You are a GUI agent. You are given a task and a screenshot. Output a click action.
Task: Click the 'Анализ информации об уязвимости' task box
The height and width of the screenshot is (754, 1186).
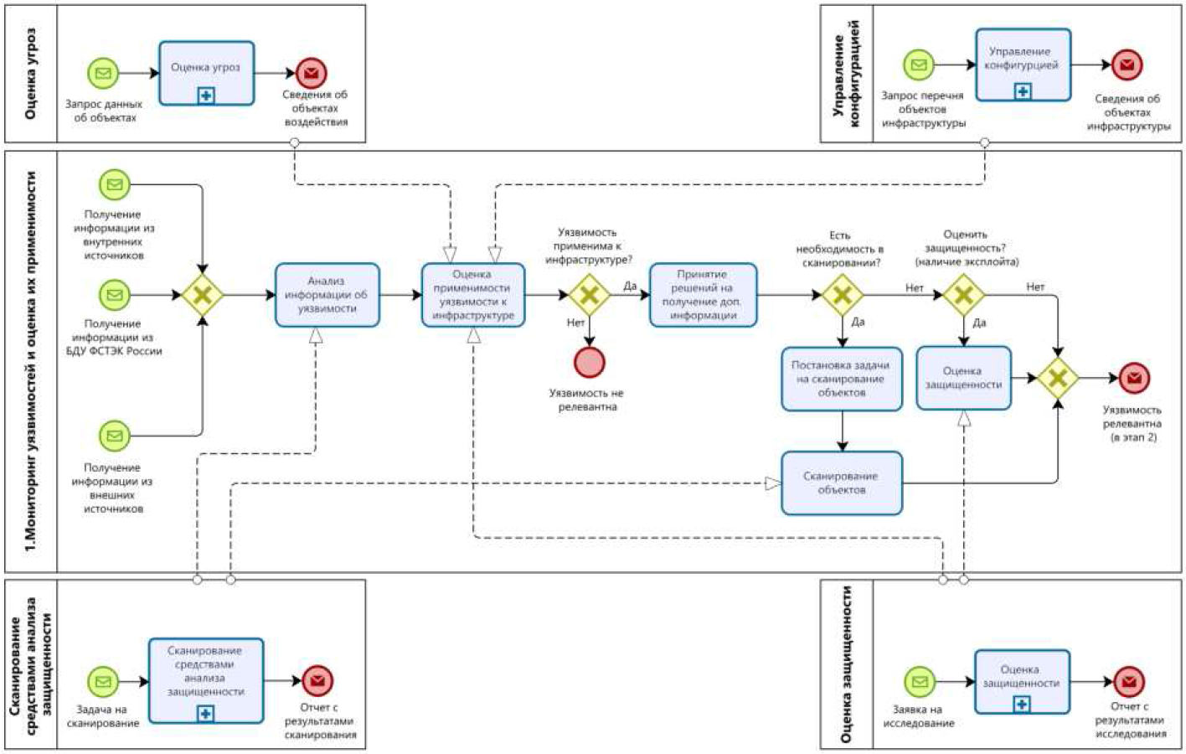327,295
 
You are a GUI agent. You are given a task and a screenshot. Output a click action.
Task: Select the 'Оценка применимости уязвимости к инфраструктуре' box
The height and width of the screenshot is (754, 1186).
473,295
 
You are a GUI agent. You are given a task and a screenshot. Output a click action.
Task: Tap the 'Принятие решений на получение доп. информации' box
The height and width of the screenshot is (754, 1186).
703,295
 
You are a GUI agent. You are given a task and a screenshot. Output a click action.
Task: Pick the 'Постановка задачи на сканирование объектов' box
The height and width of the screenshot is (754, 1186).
842,379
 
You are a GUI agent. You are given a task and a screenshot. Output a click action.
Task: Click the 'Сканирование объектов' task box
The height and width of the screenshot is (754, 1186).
842,483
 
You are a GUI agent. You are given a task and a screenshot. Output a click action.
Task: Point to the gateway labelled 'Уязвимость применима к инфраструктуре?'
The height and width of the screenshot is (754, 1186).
590,295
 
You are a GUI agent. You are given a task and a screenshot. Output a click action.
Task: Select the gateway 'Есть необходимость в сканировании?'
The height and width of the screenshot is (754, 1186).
842,295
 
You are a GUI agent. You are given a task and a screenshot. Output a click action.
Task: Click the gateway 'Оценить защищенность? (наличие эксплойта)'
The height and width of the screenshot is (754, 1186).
963,295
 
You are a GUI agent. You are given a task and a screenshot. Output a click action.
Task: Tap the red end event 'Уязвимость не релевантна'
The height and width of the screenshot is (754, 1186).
590,362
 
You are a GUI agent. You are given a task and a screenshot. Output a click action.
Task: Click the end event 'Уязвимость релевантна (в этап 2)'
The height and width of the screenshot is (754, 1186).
1134,378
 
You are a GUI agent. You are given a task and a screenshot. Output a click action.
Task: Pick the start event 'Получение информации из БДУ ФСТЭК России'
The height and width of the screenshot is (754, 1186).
115,295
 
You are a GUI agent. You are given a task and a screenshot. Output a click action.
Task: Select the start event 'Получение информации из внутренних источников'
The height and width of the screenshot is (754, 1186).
115,185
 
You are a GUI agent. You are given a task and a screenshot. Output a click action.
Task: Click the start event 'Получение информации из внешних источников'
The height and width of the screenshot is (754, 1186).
115,436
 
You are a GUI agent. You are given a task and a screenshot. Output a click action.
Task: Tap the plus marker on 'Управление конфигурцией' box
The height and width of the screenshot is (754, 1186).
1023,91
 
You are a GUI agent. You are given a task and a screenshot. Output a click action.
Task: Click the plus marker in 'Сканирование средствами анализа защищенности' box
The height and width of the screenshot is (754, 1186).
205,714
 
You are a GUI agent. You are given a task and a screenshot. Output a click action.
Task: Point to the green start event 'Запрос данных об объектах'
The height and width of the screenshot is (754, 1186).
103,73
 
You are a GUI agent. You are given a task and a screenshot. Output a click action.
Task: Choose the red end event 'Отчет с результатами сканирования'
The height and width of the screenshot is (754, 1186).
317,681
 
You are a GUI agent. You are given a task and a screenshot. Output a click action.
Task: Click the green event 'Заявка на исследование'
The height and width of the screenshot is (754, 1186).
920,682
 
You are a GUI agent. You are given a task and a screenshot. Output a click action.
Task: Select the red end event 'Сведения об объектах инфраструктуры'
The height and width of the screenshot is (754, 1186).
1127,65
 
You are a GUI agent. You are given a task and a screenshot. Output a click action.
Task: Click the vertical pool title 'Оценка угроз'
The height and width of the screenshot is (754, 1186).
31,74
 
